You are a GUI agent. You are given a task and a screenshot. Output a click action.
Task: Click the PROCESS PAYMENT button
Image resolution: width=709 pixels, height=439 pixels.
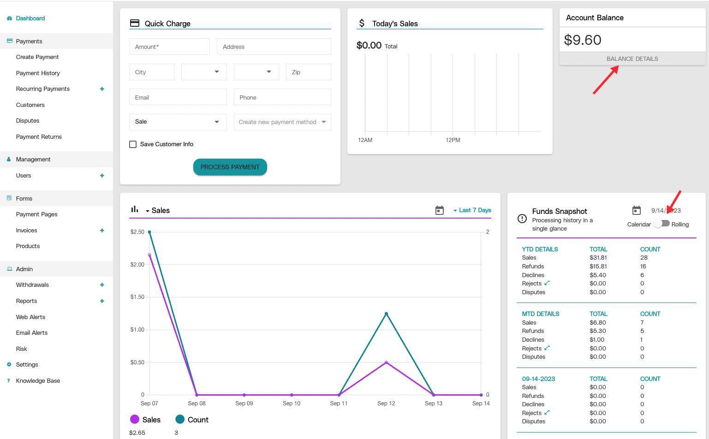230,167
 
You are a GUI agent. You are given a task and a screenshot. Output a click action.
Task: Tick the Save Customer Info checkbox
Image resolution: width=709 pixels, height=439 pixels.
133,144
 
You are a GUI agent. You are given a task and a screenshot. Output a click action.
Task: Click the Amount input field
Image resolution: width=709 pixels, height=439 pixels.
169,47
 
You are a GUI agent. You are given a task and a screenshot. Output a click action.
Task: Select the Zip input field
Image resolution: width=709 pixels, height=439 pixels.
308,72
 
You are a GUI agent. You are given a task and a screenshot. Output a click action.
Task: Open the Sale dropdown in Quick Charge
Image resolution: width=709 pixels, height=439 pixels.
178,122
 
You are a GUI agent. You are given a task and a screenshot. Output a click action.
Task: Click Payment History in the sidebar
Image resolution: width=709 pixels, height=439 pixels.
38,73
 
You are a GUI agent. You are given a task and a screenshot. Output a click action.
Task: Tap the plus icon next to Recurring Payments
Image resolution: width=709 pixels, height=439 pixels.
102,89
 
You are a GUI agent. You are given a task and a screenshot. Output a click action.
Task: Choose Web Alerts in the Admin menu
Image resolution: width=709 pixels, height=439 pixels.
30,317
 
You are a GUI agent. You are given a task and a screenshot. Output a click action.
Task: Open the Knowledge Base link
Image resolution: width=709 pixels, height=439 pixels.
38,380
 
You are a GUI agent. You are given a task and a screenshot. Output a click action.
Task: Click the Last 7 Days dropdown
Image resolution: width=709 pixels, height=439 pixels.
472,210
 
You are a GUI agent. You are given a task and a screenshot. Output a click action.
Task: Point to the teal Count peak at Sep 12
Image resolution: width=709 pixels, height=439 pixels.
386,314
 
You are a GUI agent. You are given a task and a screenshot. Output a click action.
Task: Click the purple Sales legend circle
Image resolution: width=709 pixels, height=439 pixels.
135,419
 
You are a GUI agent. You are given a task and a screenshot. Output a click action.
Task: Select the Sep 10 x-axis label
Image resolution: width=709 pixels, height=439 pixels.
291,403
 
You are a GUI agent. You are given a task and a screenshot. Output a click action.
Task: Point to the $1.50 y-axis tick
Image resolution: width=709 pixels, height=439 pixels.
137,297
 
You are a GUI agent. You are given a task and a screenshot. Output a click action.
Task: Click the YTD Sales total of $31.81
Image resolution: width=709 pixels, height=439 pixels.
598,258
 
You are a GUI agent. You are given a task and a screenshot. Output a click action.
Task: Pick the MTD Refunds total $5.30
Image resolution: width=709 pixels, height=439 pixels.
598,331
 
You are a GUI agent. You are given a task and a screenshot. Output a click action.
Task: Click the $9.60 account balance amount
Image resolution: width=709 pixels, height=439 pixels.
583,40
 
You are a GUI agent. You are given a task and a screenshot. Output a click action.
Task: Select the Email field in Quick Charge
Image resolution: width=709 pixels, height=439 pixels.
178,97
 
